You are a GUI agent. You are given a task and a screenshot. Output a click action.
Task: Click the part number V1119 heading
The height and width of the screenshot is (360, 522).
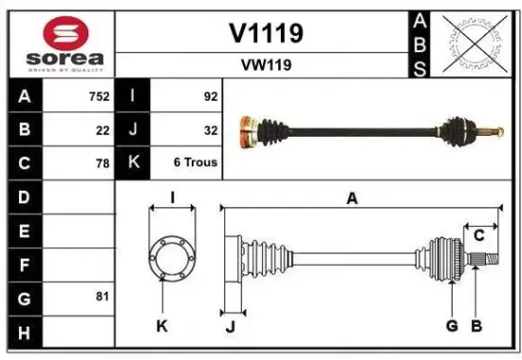[266, 33]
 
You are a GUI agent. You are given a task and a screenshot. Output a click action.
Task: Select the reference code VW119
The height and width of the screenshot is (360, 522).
[266, 66]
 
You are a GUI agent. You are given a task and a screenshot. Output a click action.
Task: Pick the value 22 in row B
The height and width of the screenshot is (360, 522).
[102, 130]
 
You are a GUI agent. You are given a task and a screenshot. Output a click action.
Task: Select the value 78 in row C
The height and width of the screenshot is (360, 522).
[102, 162]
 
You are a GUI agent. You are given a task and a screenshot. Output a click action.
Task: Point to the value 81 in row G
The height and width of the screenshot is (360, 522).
[102, 296]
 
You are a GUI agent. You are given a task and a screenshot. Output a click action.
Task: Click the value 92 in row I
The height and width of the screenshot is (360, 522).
[210, 97]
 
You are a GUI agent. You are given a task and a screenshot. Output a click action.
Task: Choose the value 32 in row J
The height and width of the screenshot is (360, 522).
[210, 130]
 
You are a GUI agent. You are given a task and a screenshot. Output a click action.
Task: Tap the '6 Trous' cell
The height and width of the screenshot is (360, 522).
[195, 162]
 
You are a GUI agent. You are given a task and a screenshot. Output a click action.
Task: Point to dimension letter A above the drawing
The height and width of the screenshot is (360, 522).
[352, 198]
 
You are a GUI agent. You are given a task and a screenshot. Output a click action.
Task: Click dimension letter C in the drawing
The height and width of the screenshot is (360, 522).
[479, 235]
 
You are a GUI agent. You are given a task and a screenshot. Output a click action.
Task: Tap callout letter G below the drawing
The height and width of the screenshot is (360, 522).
[452, 326]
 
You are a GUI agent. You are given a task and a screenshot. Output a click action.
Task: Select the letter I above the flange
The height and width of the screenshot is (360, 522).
[172, 197]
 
